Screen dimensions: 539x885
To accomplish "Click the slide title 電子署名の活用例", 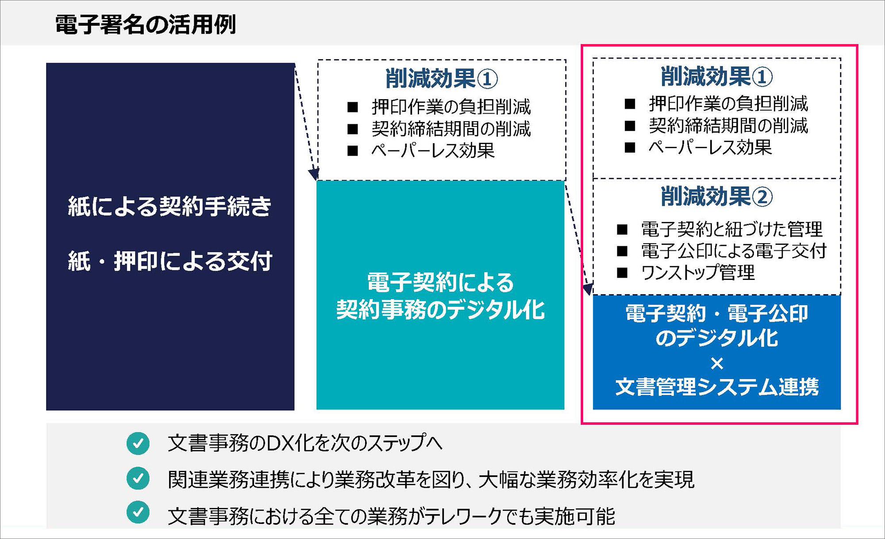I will (145, 24).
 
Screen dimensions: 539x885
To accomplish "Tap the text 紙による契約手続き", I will (169, 206).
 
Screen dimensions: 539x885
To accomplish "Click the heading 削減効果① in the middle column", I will (441, 79).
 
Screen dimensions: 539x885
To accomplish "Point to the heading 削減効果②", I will (716, 196).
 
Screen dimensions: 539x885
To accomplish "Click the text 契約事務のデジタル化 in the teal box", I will (440, 309).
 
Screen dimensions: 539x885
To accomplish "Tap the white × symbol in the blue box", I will (717, 363).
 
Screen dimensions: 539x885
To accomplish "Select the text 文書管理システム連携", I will (717, 386).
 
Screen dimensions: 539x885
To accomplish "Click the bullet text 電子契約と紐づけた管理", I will (731, 229).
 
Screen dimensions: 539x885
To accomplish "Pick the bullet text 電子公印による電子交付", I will (734, 251).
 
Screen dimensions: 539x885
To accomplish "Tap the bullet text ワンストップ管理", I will (698, 272).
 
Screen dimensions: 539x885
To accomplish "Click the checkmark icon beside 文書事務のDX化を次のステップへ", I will (138, 443).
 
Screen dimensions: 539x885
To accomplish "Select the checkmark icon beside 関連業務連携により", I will (138, 478).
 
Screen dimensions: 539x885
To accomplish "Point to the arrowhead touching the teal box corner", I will (314, 173).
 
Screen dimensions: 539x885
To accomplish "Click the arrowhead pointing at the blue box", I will (588, 289).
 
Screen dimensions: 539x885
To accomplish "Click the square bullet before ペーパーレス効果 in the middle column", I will (353, 151).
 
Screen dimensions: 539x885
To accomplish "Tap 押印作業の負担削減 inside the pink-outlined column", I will (728, 104).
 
